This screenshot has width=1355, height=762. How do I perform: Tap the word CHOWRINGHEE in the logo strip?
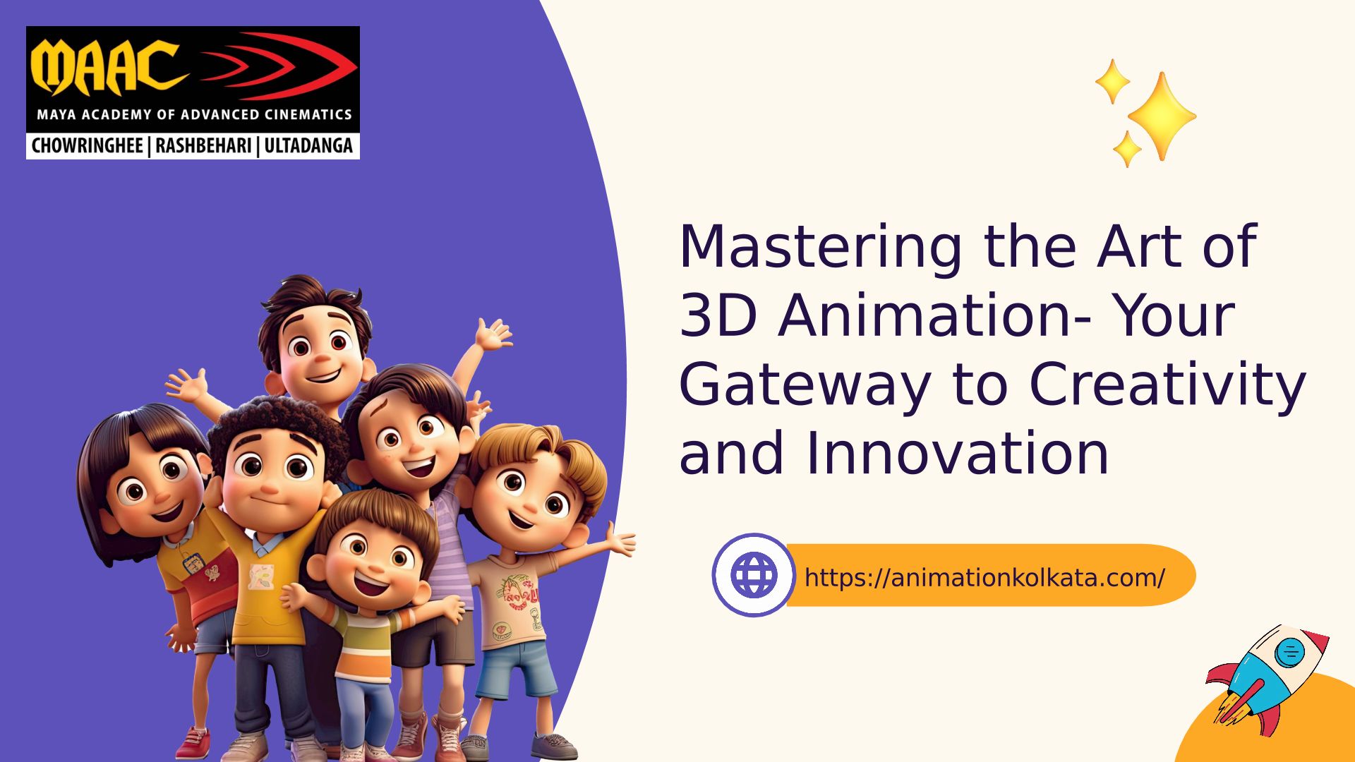88,146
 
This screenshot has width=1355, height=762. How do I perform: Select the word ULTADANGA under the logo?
308,146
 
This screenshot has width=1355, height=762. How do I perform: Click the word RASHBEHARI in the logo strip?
203,146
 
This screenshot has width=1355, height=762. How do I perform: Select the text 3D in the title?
718,315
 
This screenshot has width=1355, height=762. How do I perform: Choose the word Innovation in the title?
956,454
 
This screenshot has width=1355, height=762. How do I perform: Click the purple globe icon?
754,575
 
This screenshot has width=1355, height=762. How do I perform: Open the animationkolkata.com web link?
984,578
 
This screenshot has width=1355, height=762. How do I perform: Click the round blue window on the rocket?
1291,651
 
